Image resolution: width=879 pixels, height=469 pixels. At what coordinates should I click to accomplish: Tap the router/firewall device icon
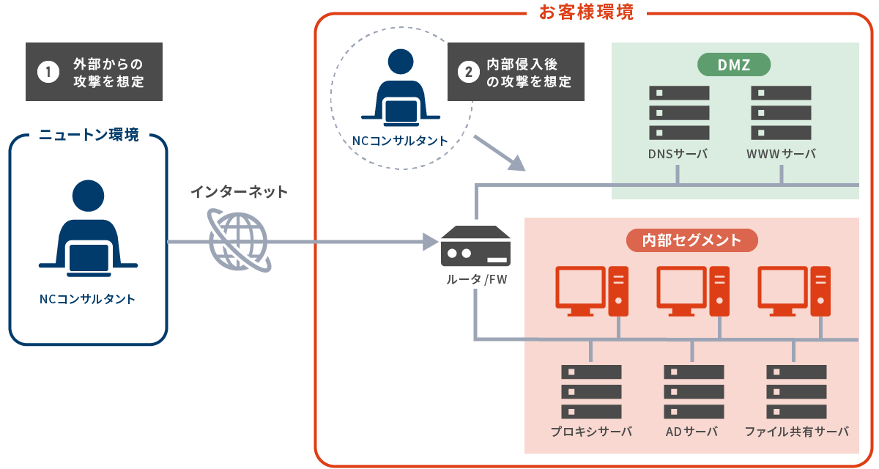[x=475, y=247]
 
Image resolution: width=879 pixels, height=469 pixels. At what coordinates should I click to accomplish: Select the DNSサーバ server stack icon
[x=679, y=113]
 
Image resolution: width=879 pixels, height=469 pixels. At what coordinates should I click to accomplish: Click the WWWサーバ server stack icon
[x=782, y=113]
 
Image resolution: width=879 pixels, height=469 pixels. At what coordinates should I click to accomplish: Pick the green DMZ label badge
[x=735, y=64]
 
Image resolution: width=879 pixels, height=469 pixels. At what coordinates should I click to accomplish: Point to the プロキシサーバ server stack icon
[x=591, y=391]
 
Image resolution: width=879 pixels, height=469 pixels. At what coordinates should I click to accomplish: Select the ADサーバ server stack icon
[x=694, y=391]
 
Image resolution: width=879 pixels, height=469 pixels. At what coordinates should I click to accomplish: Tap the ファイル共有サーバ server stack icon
[x=796, y=391]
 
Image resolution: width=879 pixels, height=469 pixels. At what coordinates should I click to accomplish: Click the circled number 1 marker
[x=48, y=72]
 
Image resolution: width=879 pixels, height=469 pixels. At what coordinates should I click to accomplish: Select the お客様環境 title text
[x=586, y=12]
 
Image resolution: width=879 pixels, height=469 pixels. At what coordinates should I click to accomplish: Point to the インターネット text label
[x=240, y=192]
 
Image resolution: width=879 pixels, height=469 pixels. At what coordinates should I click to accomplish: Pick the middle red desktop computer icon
[x=692, y=290]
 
